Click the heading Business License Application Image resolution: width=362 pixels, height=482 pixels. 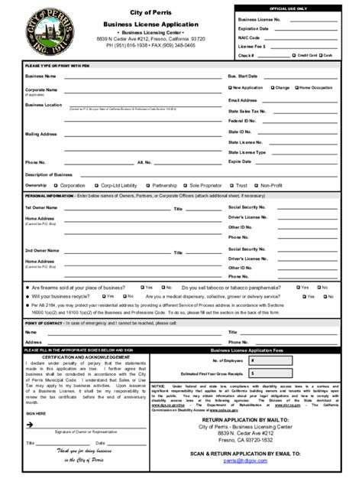pyautogui.click(x=151, y=24)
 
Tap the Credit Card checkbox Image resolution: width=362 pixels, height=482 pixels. pyautogui.click(x=292, y=55)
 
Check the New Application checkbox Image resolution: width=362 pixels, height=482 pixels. pyautogui.click(x=230, y=88)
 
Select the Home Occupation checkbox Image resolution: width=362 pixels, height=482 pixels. pyautogui.click(x=296, y=88)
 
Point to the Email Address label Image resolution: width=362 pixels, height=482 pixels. pyautogui.click(x=243, y=100)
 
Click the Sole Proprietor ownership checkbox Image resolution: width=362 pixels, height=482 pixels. pyautogui.click(x=186, y=185)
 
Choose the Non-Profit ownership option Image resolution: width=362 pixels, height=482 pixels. pyautogui.click(x=257, y=185)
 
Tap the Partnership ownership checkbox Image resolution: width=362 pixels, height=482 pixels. pyautogui.click(x=147, y=185)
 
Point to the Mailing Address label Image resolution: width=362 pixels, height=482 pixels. pyautogui.click(x=41, y=134)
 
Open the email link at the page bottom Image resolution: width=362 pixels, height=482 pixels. pyautogui.click(x=241, y=461)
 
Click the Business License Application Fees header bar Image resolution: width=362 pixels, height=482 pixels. pyautogui.click(x=244, y=349)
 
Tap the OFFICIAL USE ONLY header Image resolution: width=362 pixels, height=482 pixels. pyautogui.click(x=286, y=8)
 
